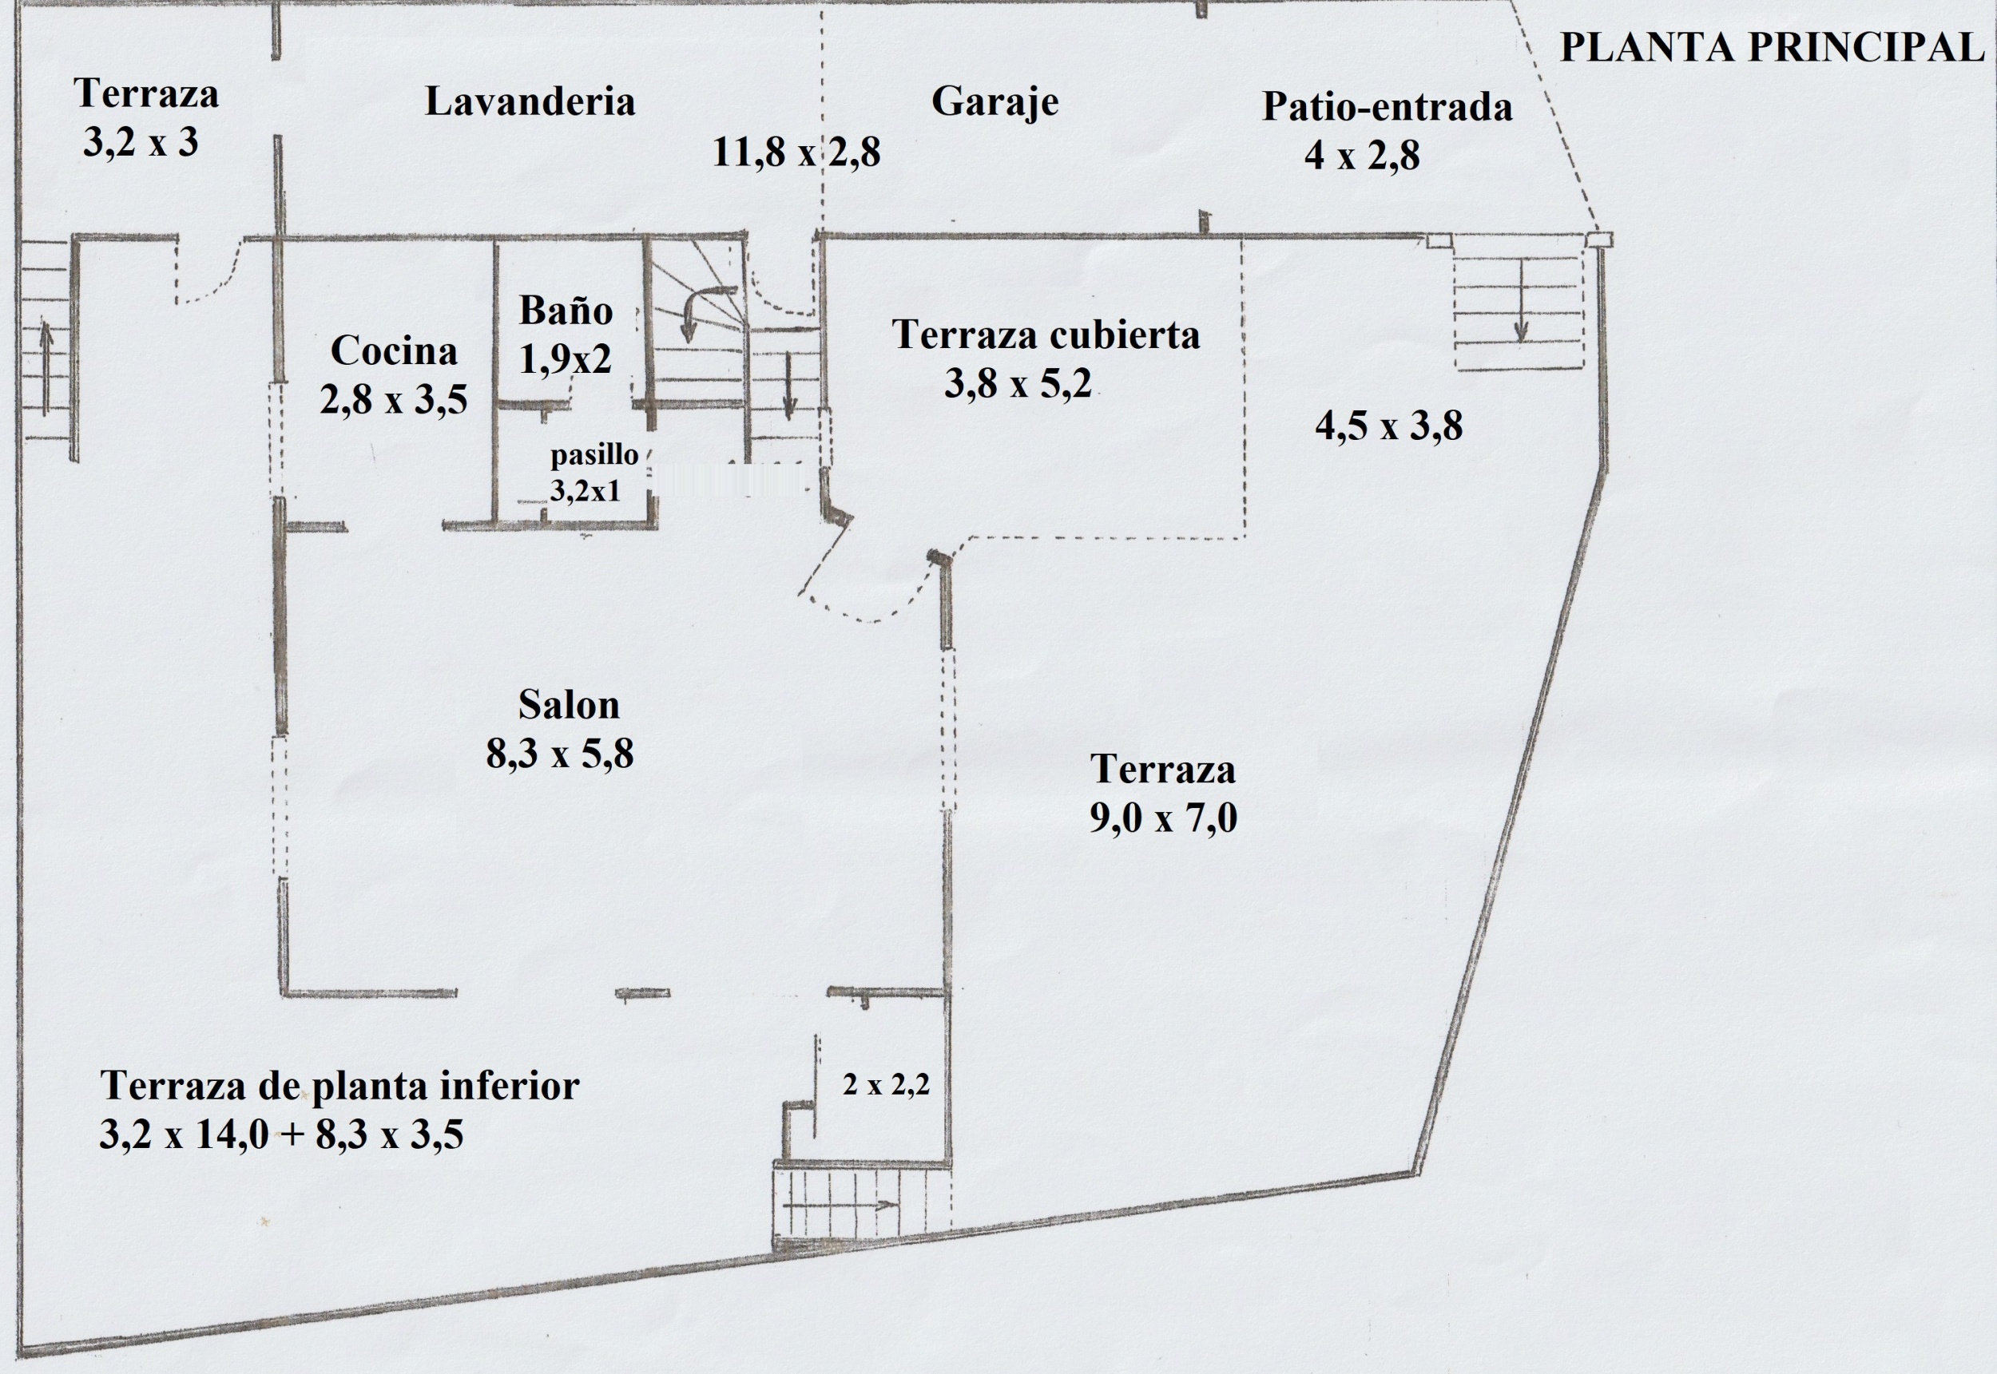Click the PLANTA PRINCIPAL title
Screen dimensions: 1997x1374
(x=1773, y=47)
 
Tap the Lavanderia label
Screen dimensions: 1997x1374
(x=530, y=101)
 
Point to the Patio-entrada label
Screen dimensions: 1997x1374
(x=1388, y=107)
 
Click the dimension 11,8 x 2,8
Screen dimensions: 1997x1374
(x=796, y=153)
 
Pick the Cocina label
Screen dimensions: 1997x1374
(x=394, y=351)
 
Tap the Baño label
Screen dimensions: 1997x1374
(x=566, y=310)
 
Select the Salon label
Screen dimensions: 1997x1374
(x=569, y=705)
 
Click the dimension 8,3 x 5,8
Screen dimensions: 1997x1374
(x=560, y=754)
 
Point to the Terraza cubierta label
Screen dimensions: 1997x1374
(x=1046, y=335)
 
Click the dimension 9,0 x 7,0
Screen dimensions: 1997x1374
(x=1163, y=818)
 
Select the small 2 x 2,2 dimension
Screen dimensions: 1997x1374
(x=886, y=1085)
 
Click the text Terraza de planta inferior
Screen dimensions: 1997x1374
(x=340, y=1086)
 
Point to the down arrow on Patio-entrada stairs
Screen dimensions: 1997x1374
(x=1521, y=300)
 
